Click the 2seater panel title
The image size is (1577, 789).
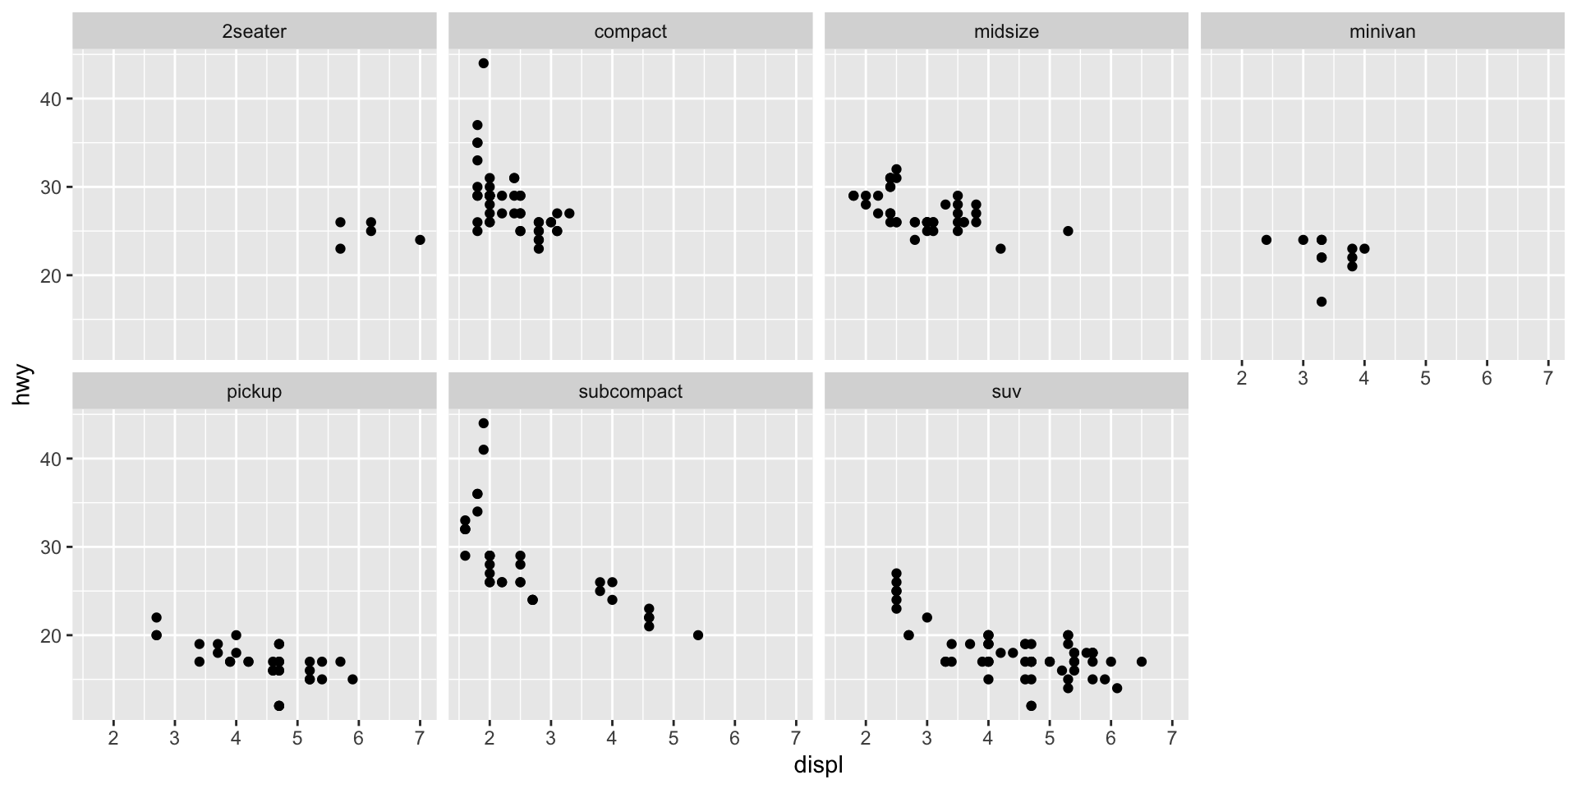(x=254, y=32)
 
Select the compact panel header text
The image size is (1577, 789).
(x=630, y=32)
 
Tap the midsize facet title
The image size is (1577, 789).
(x=1006, y=32)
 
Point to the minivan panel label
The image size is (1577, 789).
(x=1382, y=32)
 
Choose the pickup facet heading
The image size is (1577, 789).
(x=254, y=392)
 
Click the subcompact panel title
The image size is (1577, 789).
(x=630, y=392)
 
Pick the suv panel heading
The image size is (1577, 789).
(x=1006, y=392)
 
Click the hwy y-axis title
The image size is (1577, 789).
(x=22, y=385)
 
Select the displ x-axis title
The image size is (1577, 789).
(x=818, y=766)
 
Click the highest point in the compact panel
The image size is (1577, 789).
(x=483, y=63)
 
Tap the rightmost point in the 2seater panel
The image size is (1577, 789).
(x=420, y=240)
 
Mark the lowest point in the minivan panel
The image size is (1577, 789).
(x=1321, y=302)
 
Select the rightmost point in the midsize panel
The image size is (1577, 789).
(x=1068, y=231)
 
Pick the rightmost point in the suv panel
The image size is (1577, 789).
(x=1141, y=662)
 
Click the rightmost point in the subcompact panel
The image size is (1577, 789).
(x=698, y=635)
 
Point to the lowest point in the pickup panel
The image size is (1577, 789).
(x=278, y=706)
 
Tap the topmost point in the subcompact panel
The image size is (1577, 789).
(x=483, y=423)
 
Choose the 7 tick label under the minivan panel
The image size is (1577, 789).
(x=1547, y=379)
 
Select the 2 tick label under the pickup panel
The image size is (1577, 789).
(x=113, y=739)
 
